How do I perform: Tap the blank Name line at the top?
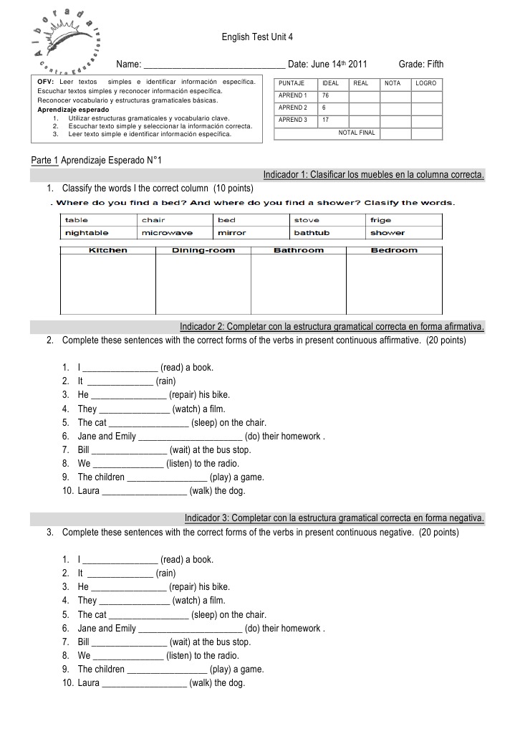[214, 65]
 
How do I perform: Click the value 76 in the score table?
[325, 95]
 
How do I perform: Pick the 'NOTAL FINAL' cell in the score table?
[357, 133]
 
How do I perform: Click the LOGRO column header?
[425, 83]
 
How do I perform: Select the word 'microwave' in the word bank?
[167, 233]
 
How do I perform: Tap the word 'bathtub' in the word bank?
[312, 233]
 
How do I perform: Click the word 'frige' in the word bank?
[380, 220]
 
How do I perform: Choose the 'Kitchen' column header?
[107, 250]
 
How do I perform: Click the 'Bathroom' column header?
[299, 250]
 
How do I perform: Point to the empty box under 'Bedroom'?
[394, 284]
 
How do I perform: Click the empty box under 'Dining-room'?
[203, 284]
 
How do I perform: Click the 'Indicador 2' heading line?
[332, 328]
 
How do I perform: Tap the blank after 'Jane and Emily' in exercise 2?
[189, 436]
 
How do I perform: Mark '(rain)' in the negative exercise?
[165, 573]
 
